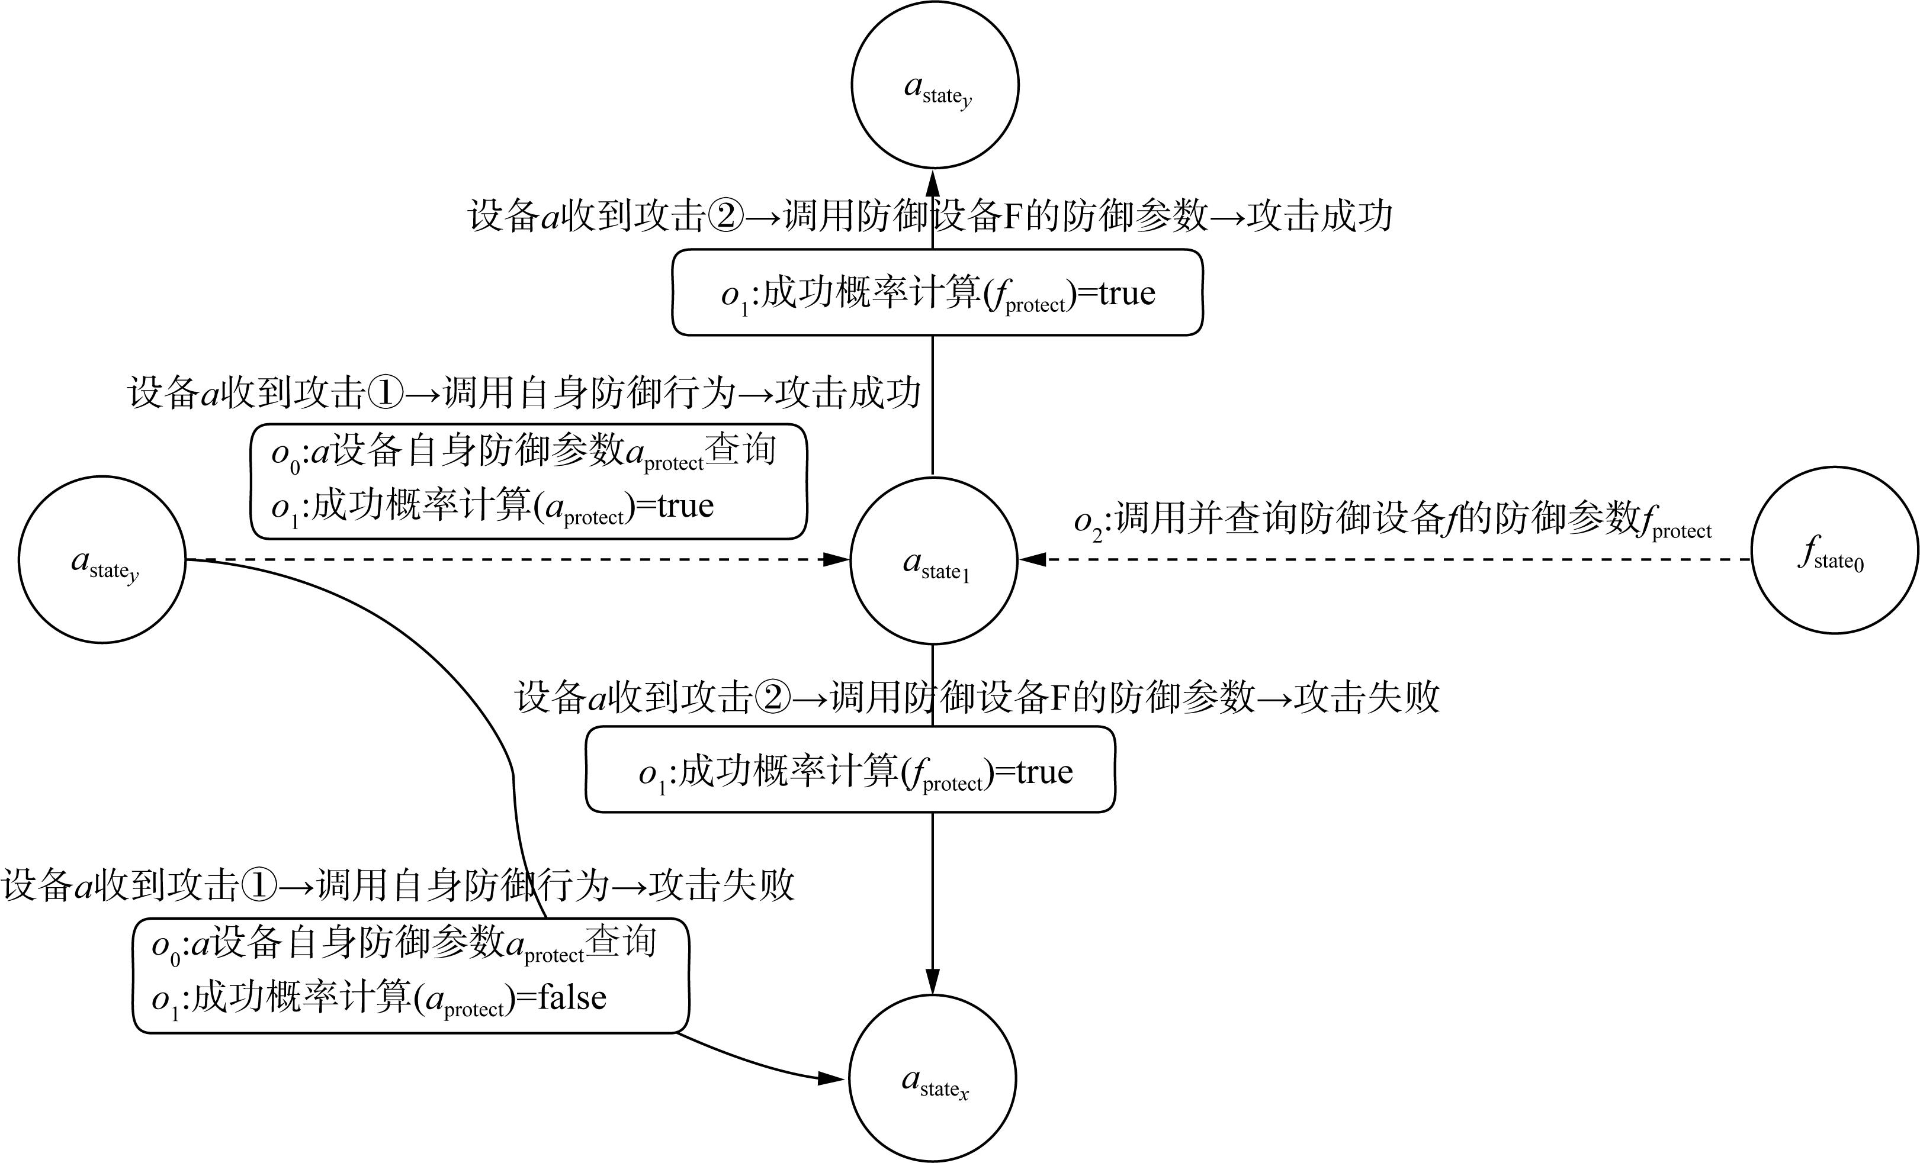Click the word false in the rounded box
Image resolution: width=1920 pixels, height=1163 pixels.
(573, 997)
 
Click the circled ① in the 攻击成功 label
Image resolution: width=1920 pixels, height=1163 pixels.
(385, 392)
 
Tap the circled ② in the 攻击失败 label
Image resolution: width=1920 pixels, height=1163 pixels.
(772, 697)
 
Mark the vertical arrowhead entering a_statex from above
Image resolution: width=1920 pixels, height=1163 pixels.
(933, 981)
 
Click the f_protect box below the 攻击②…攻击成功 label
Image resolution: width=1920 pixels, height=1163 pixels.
(937, 293)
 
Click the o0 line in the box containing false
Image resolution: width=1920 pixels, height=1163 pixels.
(404, 944)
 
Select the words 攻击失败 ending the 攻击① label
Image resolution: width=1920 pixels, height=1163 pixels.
(721, 885)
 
